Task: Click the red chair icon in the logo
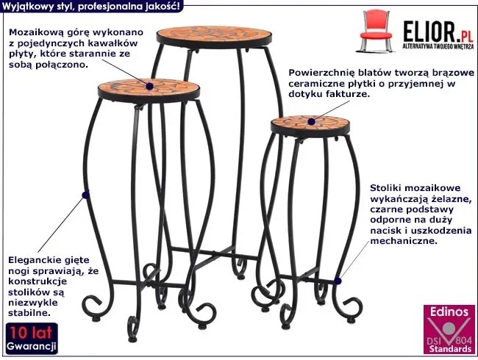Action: pyautogui.click(x=376, y=30)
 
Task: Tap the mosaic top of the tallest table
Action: pyautogui.click(x=214, y=34)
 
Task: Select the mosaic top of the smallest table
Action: pyautogui.click(x=310, y=123)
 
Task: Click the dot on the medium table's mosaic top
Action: pyautogui.click(x=149, y=86)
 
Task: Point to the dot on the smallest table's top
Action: pyautogui.click(x=311, y=122)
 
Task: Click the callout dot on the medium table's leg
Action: pyautogui.click(x=85, y=194)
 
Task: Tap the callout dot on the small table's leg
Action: pyautogui.click(x=338, y=281)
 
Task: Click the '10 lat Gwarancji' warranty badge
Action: pyautogui.click(x=32, y=339)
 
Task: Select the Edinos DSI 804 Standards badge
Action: pyautogui.click(x=449, y=329)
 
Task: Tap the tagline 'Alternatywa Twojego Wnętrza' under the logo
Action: pyautogui.click(x=438, y=46)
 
